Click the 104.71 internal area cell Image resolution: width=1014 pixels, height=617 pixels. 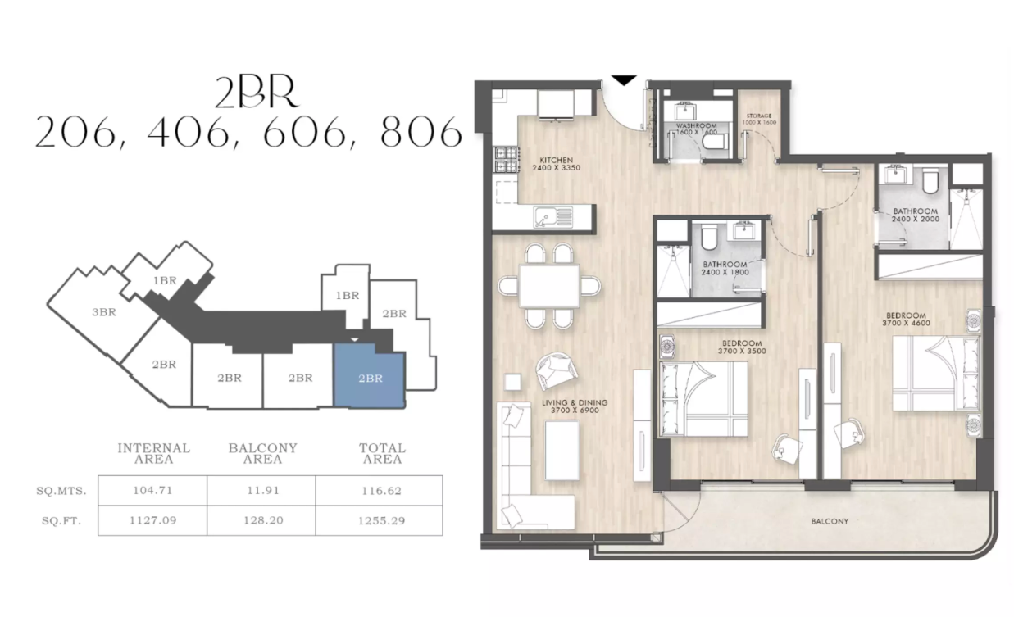pos(152,490)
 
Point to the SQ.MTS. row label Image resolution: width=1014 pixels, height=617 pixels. pos(62,490)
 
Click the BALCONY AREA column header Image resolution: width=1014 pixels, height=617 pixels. pos(262,453)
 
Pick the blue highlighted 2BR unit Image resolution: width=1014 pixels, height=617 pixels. pos(370,378)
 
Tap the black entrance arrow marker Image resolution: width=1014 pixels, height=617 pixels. pos(624,80)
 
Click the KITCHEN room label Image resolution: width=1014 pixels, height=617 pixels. pos(555,160)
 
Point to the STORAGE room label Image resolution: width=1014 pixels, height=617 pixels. pos(757,117)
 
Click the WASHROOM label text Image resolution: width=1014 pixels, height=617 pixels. pos(697,125)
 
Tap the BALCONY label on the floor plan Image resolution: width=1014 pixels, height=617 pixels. pos(830,521)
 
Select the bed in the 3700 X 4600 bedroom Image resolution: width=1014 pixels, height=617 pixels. pos(934,374)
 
